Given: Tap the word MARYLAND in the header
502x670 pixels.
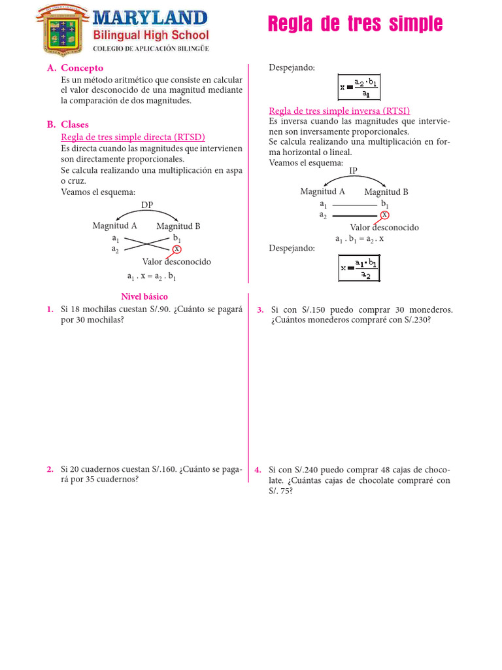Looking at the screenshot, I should point(150,18).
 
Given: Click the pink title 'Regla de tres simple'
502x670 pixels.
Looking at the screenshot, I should point(355,25).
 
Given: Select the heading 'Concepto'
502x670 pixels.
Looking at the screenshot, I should point(82,68).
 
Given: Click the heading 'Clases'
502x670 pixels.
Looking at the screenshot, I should point(75,124).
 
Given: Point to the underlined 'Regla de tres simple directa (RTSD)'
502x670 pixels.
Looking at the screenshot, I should point(133,137).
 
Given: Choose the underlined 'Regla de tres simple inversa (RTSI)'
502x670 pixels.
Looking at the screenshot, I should point(339,111).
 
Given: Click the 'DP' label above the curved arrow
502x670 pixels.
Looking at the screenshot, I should point(147,205).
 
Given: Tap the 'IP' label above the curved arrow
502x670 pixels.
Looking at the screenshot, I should point(354,171).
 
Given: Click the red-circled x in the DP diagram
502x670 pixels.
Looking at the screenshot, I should point(176,249).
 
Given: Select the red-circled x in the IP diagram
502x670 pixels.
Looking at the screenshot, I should point(384,215).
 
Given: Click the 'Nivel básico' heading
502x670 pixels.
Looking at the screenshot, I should point(144,296).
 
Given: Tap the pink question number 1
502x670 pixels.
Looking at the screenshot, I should point(50,309).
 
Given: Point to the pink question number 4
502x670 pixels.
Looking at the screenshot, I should point(259,470).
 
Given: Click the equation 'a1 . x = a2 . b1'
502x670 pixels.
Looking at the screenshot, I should point(152,277).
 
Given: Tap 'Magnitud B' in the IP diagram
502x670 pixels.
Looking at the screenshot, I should point(386,192).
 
